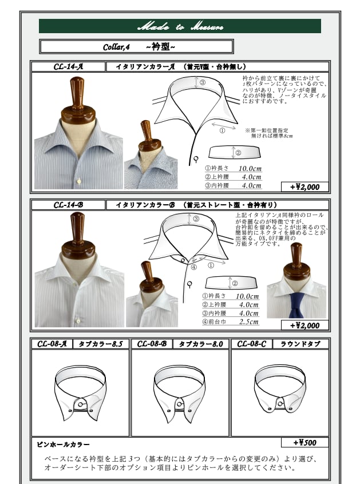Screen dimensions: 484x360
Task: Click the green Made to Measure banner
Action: tap(180, 26)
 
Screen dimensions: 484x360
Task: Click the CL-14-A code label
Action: tap(68, 66)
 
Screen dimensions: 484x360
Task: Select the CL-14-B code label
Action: tap(68, 204)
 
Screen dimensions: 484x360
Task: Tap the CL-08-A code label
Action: tap(52, 344)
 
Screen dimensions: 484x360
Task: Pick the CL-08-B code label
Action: tap(151, 344)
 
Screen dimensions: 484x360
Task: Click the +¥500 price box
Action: tap(304, 442)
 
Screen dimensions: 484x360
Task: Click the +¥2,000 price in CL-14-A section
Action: tap(304, 187)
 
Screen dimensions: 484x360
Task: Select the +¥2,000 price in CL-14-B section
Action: tap(304, 325)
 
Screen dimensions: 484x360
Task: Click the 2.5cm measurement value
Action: tap(248, 322)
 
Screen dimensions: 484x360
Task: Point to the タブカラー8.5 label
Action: tap(100, 344)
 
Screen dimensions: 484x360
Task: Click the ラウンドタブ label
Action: tap(300, 344)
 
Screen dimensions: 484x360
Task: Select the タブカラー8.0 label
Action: tap(200, 344)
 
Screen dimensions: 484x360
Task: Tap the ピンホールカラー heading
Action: tap(63, 444)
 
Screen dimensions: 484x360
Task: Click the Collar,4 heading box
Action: tap(136, 46)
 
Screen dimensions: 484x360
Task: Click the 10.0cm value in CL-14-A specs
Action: tap(250, 168)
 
